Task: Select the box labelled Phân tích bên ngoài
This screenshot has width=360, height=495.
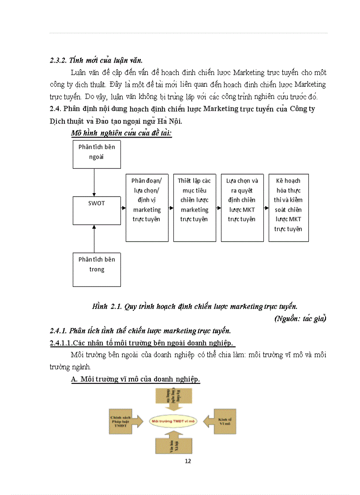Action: coord(97,154)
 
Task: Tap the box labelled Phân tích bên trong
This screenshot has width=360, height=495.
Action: coord(97,269)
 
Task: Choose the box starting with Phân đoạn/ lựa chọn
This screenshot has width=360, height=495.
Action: coord(147,208)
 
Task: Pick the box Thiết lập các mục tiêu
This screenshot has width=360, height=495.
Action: coord(194,208)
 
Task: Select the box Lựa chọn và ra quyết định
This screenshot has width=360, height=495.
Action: coord(242,208)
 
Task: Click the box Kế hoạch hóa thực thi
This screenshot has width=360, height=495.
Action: coord(289,208)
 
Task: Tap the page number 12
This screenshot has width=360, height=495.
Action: coord(188,461)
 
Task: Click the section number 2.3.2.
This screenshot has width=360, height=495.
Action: coord(58,60)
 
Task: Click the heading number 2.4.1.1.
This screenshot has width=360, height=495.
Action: coord(61,342)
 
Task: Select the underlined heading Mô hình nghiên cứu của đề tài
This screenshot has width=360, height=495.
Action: coord(121,133)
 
